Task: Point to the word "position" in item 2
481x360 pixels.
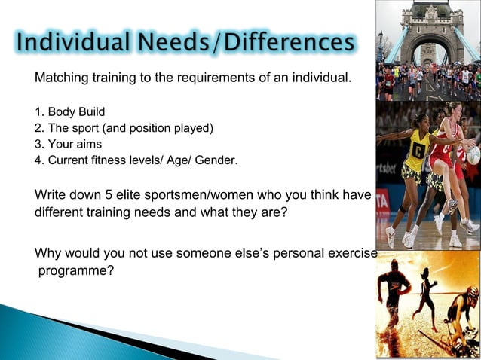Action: [155, 128]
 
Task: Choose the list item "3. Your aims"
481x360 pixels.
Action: [68, 144]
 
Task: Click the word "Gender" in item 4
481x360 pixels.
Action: [216, 160]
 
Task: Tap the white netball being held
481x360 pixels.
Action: [473, 154]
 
